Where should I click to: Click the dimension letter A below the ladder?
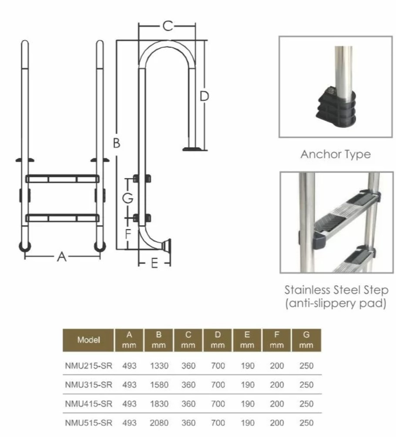click(62, 257)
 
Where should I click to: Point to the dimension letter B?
click(117, 143)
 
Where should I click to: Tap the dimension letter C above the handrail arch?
click(168, 26)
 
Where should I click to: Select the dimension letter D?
click(205, 96)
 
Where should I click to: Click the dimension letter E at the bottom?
click(154, 263)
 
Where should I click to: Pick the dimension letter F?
click(128, 234)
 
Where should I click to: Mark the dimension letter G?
click(128, 198)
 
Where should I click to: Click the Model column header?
click(88, 340)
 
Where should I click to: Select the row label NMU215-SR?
click(88, 366)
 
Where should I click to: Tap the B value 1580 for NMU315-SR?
click(159, 385)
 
